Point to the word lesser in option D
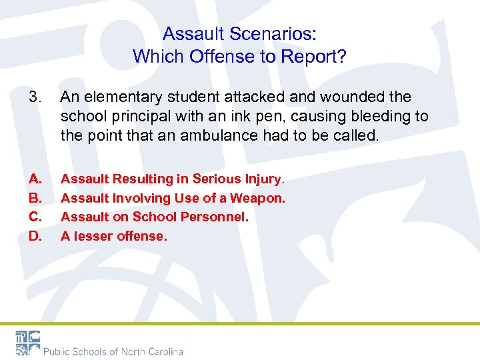tap(93, 236)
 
